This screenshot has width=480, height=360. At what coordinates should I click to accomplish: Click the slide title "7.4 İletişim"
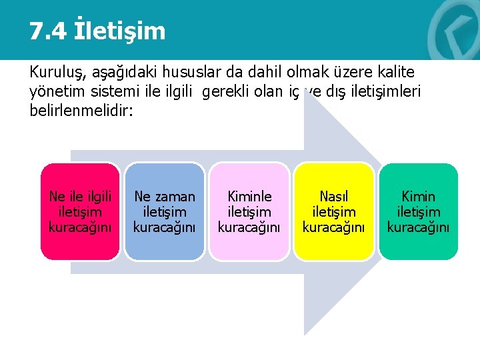click(97, 31)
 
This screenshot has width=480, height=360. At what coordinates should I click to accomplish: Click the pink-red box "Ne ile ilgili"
click(80, 211)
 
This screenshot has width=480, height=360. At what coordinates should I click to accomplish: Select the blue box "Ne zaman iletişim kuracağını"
click(165, 211)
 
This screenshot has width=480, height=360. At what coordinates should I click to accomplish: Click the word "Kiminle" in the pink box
click(249, 197)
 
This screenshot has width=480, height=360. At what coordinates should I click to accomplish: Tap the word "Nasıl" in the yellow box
click(334, 197)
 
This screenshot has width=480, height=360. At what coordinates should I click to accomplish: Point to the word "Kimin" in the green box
click(418, 197)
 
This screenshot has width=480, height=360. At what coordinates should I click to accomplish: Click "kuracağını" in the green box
click(418, 227)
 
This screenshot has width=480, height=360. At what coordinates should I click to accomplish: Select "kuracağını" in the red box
click(80, 227)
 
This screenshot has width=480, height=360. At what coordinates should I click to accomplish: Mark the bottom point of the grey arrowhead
click(305, 334)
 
